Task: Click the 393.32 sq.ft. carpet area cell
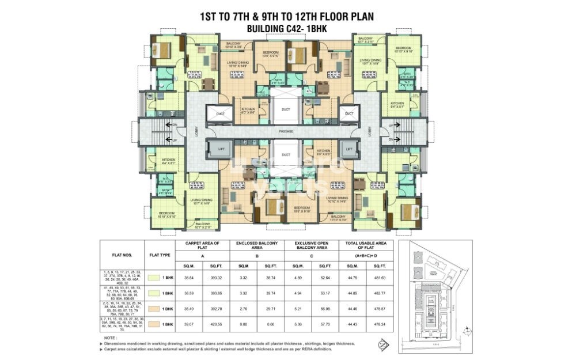pos(216,278)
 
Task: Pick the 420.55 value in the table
pos(216,324)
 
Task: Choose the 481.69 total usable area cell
pos(379,278)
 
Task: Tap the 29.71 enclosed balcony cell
pos(270,309)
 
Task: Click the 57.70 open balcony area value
pos(325,324)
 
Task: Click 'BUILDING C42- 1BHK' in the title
pos(286,28)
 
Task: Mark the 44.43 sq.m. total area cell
pos(352,324)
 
